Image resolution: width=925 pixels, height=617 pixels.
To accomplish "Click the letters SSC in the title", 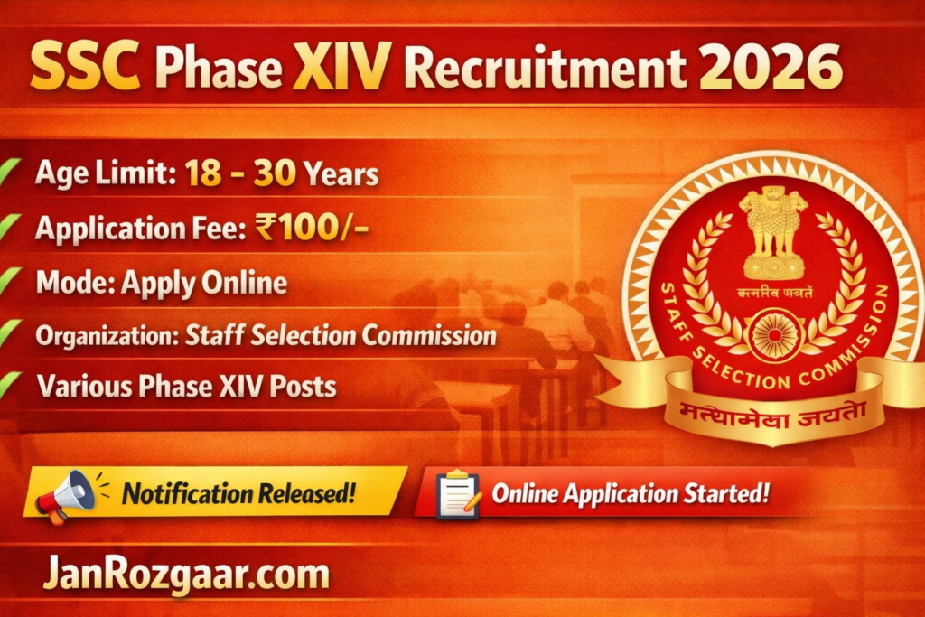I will pyautogui.click(x=85, y=69).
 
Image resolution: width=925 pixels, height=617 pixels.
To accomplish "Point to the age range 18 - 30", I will pyautogui.click(x=242, y=174).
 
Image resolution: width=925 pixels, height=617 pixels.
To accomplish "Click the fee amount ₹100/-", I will pyautogui.click(x=311, y=229).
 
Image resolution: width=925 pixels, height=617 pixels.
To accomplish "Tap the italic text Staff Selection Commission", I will pyautogui.click(x=341, y=336).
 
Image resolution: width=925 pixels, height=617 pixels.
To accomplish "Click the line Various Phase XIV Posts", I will pyautogui.click(x=186, y=388).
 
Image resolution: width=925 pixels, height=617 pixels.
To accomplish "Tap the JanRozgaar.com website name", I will pyautogui.click(x=186, y=575).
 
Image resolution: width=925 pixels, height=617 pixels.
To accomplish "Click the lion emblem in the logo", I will pyautogui.click(x=773, y=230).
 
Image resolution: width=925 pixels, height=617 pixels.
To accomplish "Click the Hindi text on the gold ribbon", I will pyautogui.click(x=765, y=414).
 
